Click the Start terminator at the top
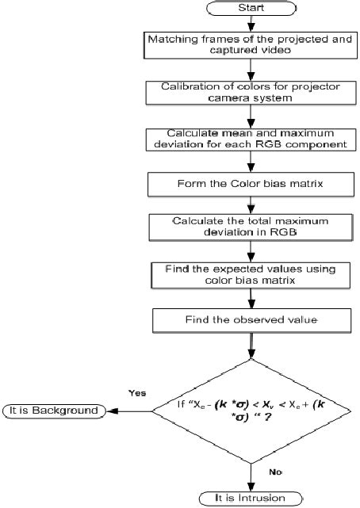point(251,7)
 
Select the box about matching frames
point(251,44)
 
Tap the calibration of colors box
point(251,92)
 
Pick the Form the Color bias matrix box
point(251,184)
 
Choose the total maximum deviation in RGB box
point(251,227)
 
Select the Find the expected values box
point(251,275)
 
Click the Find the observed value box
point(251,320)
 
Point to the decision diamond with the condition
point(251,411)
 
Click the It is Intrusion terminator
point(251,498)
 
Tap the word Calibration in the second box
point(186,86)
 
